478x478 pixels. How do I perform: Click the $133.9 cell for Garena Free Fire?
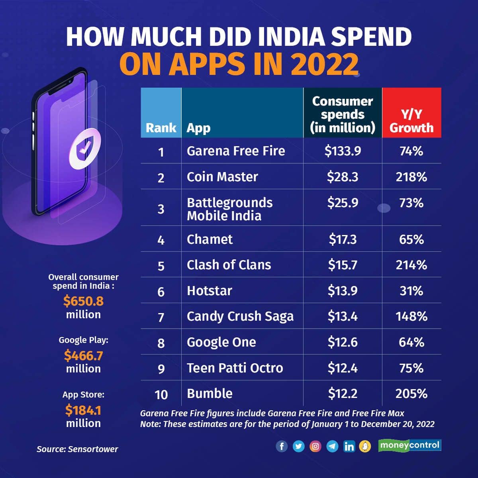343,151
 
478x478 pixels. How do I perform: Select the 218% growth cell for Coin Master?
411,177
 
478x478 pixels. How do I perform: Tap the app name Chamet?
210,239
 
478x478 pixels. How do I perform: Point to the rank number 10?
161,394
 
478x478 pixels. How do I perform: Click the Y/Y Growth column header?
411,121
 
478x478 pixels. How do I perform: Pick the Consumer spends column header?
343,114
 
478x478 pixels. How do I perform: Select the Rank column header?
161,127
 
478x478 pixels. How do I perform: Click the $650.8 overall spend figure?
83,301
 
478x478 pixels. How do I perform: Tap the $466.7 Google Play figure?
83,355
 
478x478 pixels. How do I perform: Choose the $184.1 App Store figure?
83,409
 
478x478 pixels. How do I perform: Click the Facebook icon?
282,446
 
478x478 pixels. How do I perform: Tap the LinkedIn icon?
349,446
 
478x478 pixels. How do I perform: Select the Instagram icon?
315,446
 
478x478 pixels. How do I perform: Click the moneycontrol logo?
410,445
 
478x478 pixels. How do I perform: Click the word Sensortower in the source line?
93,449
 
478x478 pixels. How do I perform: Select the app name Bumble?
210,394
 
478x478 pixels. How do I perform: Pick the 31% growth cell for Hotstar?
411,291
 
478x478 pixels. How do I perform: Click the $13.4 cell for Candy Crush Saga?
343,316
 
